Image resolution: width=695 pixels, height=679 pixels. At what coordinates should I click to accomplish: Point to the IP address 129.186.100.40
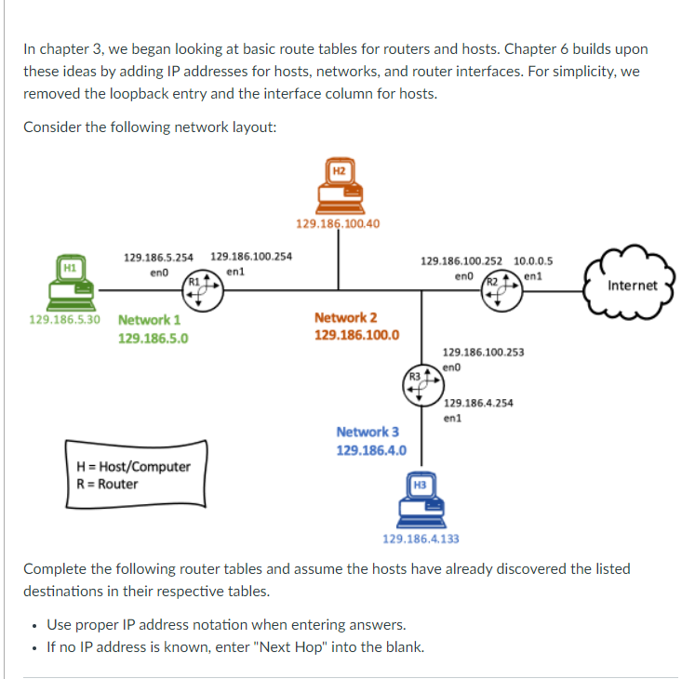coord(337,224)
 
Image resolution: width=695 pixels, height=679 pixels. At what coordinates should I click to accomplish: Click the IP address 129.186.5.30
coord(64,319)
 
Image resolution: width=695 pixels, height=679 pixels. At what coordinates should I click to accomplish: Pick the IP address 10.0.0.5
coord(533,262)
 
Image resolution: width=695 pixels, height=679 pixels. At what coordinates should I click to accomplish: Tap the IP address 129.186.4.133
coord(421,539)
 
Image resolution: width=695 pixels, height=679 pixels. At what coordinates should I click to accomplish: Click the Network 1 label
coord(149,320)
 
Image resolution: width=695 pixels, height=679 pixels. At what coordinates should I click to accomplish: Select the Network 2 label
coord(345,318)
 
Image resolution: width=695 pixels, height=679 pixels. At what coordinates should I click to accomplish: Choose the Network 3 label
coord(368,432)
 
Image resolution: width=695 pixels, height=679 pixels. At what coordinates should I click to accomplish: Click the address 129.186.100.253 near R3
coord(483,353)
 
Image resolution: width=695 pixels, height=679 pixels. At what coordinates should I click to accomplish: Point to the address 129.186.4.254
coord(479,403)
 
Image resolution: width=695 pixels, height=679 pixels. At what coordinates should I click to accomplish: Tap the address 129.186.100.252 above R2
coord(461,262)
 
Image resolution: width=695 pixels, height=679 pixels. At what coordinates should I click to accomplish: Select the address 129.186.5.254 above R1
coord(159,257)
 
